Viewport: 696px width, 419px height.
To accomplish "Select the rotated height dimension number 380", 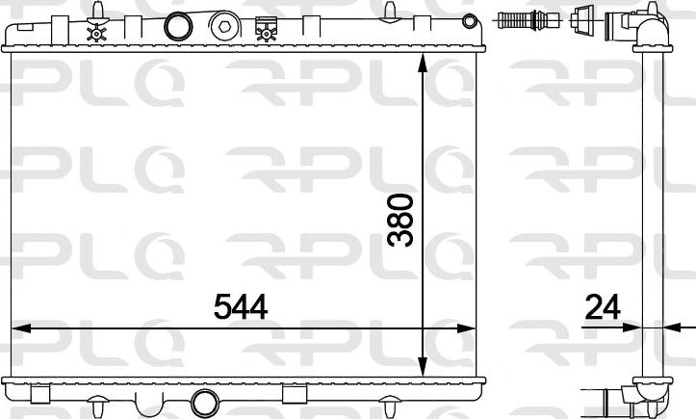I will coord(400,220).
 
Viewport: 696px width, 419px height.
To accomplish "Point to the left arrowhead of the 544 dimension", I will coord(21,328).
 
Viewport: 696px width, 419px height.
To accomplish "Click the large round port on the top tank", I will coord(178,26).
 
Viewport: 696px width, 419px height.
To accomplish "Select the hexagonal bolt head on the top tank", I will coord(225,27).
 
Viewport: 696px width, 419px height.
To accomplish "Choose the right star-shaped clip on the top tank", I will coord(264,33).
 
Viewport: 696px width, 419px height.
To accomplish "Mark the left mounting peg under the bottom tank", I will coord(39,395).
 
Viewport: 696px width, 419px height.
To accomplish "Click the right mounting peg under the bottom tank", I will coord(295,395).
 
